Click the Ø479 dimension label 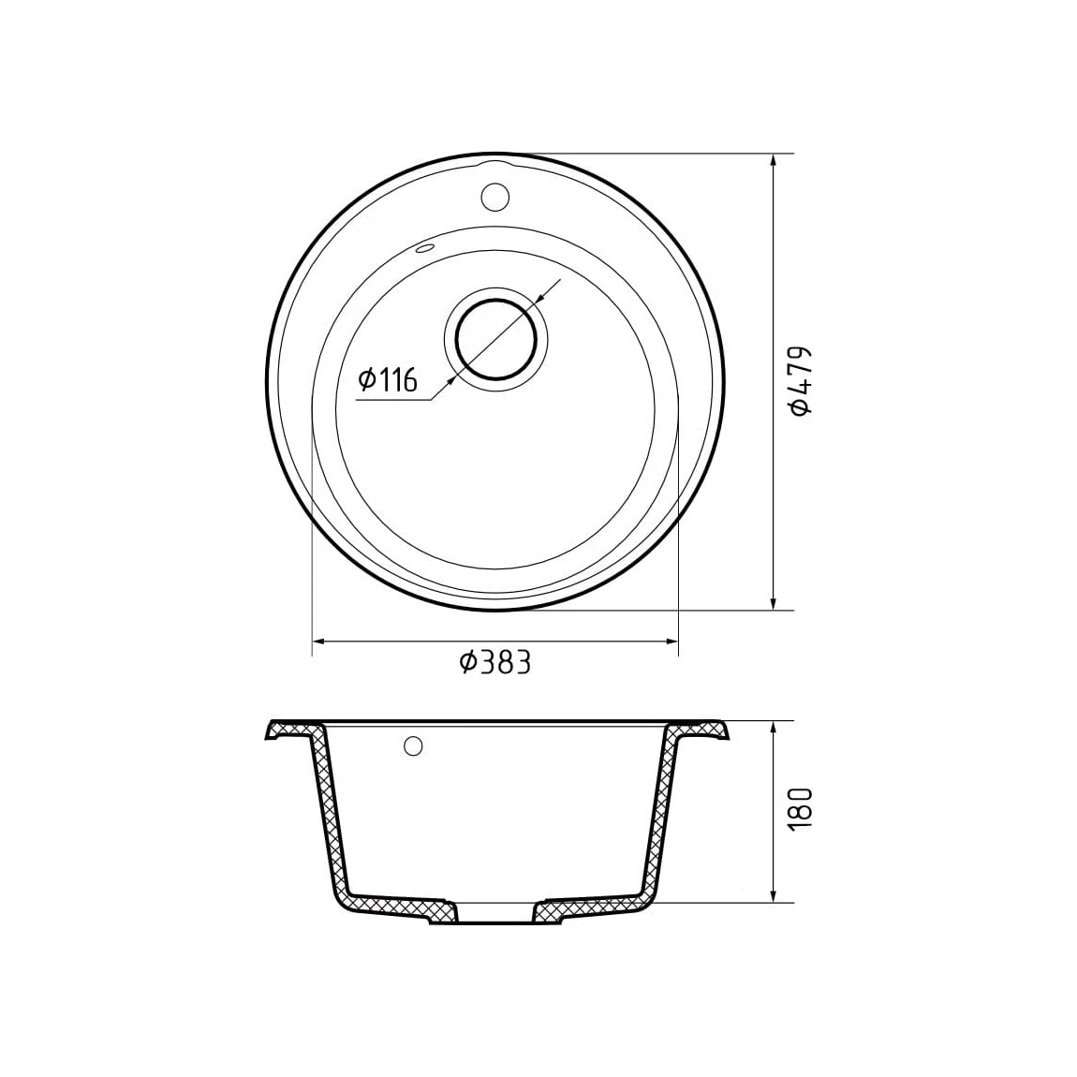click(801, 380)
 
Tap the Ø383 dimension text click(495, 663)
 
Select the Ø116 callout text click(388, 379)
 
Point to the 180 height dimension click(801, 807)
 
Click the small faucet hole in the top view click(494, 197)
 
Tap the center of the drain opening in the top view click(496, 339)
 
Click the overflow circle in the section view click(414, 745)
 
